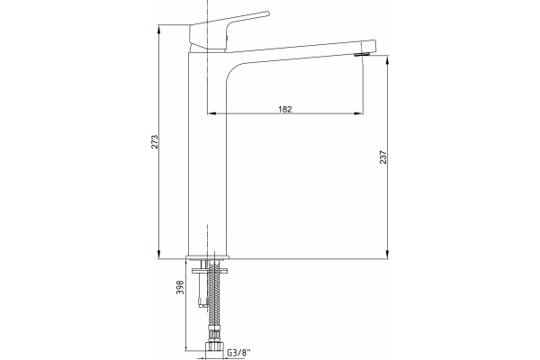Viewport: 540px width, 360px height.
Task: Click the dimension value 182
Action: click(284, 109)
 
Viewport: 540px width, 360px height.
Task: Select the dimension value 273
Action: click(155, 141)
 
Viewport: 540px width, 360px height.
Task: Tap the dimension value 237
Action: click(383, 157)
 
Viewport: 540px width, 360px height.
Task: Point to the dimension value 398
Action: click(180, 287)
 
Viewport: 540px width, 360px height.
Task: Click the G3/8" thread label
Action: click(239, 353)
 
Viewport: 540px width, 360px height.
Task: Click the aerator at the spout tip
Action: click(362, 54)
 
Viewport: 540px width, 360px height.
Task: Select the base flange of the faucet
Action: click(208, 257)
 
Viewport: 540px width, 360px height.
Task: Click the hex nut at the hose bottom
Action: click(214, 346)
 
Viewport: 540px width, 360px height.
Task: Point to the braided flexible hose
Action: click(214, 296)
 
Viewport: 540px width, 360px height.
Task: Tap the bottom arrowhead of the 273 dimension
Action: click(158, 255)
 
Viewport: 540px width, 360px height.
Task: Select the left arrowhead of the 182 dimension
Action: click(211, 113)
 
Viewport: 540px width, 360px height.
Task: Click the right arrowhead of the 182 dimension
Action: click(359, 113)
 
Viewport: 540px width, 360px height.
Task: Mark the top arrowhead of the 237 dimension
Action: click(388, 59)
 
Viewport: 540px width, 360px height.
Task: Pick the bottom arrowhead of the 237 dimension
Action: click(388, 255)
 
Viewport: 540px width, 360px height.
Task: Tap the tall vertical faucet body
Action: click(207, 155)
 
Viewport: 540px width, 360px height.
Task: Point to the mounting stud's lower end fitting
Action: click(203, 302)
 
